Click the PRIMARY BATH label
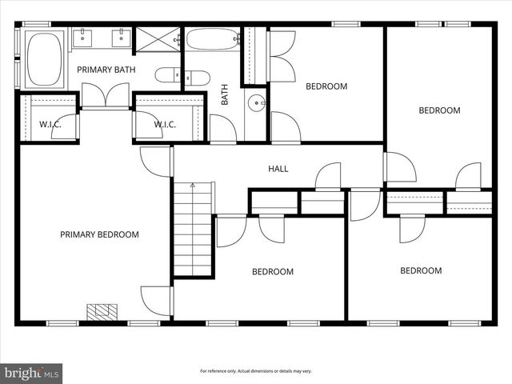click(x=106, y=70)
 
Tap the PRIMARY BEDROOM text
click(x=99, y=234)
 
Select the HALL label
click(x=278, y=169)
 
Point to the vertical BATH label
click(x=225, y=95)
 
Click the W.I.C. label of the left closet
click(x=50, y=124)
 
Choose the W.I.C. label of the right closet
click(x=165, y=124)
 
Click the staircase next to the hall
click(x=194, y=230)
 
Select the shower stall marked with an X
click(x=157, y=39)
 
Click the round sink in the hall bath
click(x=255, y=102)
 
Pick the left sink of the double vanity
click(x=84, y=37)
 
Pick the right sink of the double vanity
click(x=121, y=37)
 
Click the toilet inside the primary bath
click(x=171, y=76)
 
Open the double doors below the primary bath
click(x=106, y=96)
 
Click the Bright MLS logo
click(x=32, y=373)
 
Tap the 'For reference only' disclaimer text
click(x=256, y=371)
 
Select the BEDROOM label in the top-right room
click(x=439, y=110)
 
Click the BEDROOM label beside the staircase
click(x=272, y=271)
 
